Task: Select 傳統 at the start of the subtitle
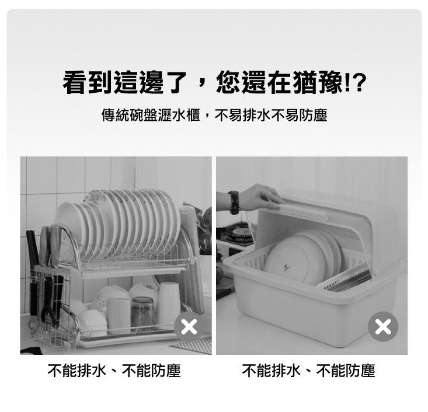(112, 115)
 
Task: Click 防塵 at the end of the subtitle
(315, 115)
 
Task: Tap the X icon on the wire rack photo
(189, 327)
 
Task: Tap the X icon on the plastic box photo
(383, 327)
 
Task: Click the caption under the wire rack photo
(114, 370)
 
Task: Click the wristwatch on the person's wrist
(234, 202)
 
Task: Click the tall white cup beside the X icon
(168, 303)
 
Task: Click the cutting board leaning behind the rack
(193, 257)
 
